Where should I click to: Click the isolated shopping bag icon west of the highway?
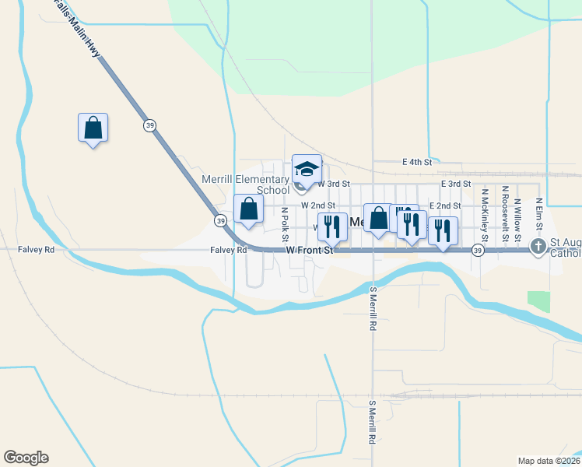pyautogui.click(x=93, y=128)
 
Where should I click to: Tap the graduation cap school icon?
pyautogui.click(x=307, y=169)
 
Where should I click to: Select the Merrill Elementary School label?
pyautogui.click(x=246, y=184)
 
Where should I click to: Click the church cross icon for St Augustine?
pyautogui.click(x=538, y=247)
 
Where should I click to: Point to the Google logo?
pyautogui.click(x=26, y=458)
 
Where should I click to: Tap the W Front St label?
pyautogui.click(x=310, y=251)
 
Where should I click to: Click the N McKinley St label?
pyautogui.click(x=484, y=212)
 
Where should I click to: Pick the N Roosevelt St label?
pyautogui.click(x=506, y=210)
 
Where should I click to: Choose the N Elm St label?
pyautogui.click(x=538, y=212)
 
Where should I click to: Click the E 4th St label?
pyautogui.click(x=417, y=162)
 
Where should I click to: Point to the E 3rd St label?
pyautogui.click(x=454, y=184)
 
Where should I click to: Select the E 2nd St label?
pyautogui.click(x=444, y=206)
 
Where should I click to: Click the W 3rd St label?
pyautogui.click(x=334, y=184)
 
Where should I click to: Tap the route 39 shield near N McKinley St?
pyautogui.click(x=478, y=250)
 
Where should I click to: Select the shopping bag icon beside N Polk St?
pyautogui.click(x=248, y=209)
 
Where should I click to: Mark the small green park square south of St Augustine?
pyautogui.click(x=538, y=301)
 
